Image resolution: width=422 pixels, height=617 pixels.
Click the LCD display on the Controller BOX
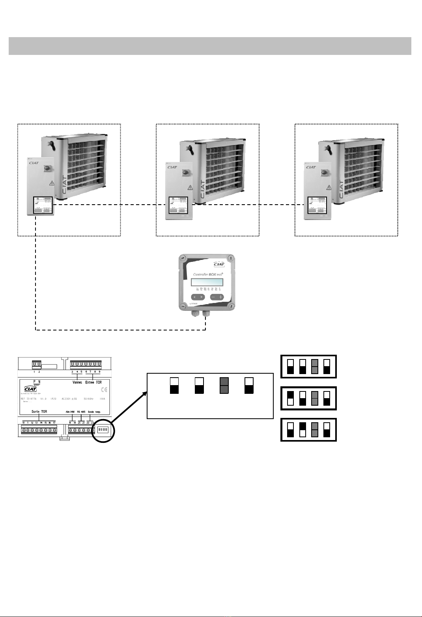point(207,282)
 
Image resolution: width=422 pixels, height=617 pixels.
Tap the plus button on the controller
point(220,297)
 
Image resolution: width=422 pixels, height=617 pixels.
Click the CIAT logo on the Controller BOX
point(219,264)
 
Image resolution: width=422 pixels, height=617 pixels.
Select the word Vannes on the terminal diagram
point(77,382)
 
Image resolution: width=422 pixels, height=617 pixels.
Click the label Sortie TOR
point(39,412)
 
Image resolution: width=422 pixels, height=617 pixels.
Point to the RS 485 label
point(81,412)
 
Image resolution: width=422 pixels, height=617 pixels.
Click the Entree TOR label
point(93,382)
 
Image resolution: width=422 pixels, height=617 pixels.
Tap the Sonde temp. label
point(94,412)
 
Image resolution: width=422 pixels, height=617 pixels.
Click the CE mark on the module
point(104,389)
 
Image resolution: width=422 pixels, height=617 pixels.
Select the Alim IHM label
point(70,412)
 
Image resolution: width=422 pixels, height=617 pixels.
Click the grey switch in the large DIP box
point(224,385)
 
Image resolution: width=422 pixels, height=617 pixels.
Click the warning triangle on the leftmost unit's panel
point(52,183)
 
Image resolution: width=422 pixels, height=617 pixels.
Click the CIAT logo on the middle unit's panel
point(172,167)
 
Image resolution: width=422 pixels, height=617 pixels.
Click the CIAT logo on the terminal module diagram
point(30,389)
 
